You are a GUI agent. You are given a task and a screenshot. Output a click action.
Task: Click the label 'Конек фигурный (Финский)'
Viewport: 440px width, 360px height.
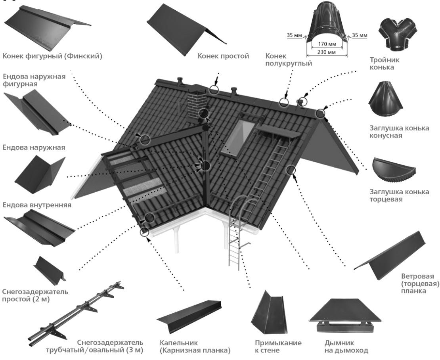52,56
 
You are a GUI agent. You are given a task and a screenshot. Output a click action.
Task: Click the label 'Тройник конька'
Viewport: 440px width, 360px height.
383,63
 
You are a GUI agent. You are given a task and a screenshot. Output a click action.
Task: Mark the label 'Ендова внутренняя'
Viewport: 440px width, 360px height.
37,205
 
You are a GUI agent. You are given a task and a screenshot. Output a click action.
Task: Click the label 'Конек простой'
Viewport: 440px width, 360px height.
223,56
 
